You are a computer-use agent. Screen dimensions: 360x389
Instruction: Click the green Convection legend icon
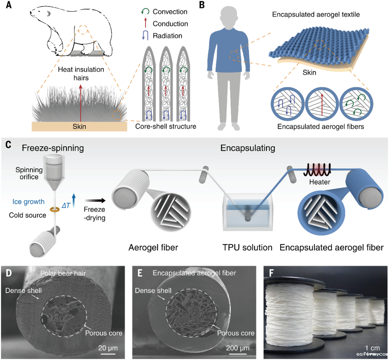(147, 12)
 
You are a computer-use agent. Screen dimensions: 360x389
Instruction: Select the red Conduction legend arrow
(147, 24)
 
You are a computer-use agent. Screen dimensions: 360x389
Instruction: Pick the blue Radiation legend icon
(147, 36)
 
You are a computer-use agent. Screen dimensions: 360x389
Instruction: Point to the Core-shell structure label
(166, 126)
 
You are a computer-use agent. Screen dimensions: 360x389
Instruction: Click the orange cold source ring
(55, 209)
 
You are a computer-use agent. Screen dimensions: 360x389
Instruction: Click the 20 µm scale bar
(107, 355)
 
